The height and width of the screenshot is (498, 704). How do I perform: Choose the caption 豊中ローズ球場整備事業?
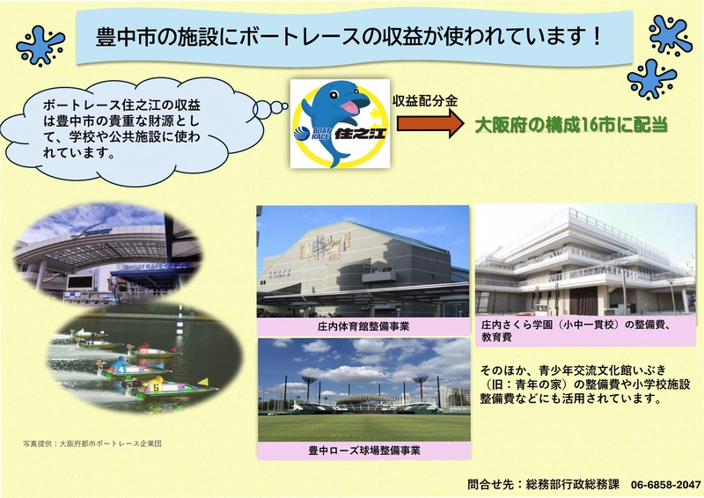click(363, 450)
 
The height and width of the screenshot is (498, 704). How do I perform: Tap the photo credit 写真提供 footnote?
click(92, 442)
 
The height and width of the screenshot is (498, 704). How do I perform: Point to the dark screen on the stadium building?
click(79, 283)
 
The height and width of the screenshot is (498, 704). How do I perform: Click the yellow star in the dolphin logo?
click(377, 114)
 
